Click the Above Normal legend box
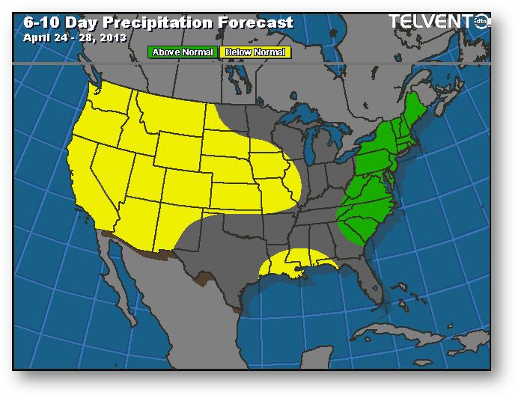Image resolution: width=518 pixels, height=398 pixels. [x=183, y=52]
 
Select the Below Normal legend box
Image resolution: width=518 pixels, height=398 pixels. [x=255, y=52]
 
